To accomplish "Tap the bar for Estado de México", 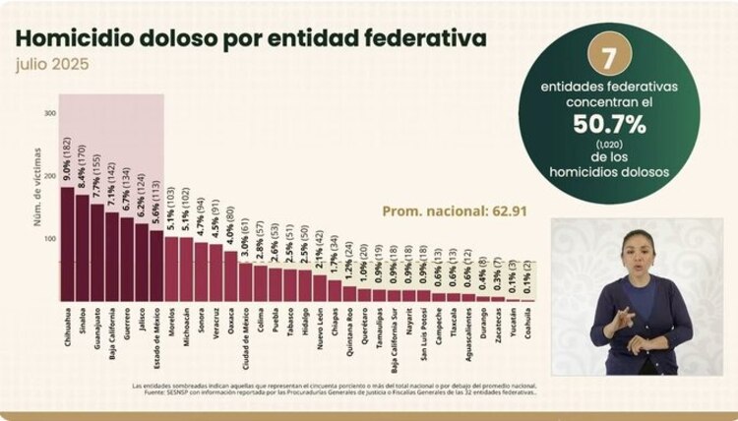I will (155, 265).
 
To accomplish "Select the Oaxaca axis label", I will (229, 319).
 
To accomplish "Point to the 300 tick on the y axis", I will (49, 114).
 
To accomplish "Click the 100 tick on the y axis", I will (49, 238).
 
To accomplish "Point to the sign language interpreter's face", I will (633, 251).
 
